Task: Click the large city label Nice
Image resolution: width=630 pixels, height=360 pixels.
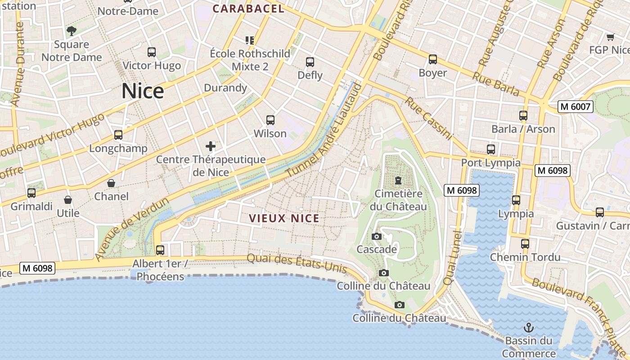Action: [x=143, y=91]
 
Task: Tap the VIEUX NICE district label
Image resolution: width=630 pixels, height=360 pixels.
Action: [x=284, y=219]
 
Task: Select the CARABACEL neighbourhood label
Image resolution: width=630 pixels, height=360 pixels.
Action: [x=248, y=9]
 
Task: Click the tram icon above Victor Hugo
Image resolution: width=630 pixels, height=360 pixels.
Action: [x=152, y=52]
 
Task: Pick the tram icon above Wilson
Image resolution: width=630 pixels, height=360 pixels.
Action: [x=270, y=120]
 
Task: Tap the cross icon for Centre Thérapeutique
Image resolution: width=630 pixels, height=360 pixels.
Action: [x=211, y=146]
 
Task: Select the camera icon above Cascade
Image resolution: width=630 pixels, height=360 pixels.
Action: [x=377, y=236]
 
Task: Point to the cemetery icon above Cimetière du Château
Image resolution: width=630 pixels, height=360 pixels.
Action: [x=398, y=181]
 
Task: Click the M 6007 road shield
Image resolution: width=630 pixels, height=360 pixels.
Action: [x=576, y=107]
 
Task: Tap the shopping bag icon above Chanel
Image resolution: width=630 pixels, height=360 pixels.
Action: [x=111, y=183]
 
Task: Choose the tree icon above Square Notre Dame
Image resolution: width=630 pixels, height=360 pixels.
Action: [x=72, y=31]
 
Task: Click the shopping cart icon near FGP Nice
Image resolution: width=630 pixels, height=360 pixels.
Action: [x=610, y=37]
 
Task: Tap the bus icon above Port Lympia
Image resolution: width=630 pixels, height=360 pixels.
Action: [x=490, y=149]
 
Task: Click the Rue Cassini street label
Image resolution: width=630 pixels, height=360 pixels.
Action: [x=428, y=118]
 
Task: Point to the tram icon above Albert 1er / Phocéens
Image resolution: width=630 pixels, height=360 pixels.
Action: [x=160, y=250]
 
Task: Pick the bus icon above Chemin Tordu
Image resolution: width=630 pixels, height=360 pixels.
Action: [x=525, y=244]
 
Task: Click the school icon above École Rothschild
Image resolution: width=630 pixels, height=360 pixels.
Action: [x=250, y=40]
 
